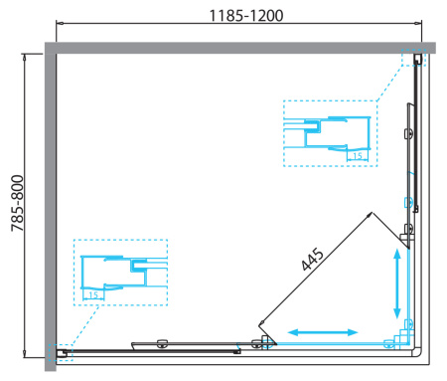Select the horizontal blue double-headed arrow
324,330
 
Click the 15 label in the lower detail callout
92,294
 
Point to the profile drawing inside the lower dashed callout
119,273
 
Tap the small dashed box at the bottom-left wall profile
61,351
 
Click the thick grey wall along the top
238,46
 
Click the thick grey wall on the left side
48,199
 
